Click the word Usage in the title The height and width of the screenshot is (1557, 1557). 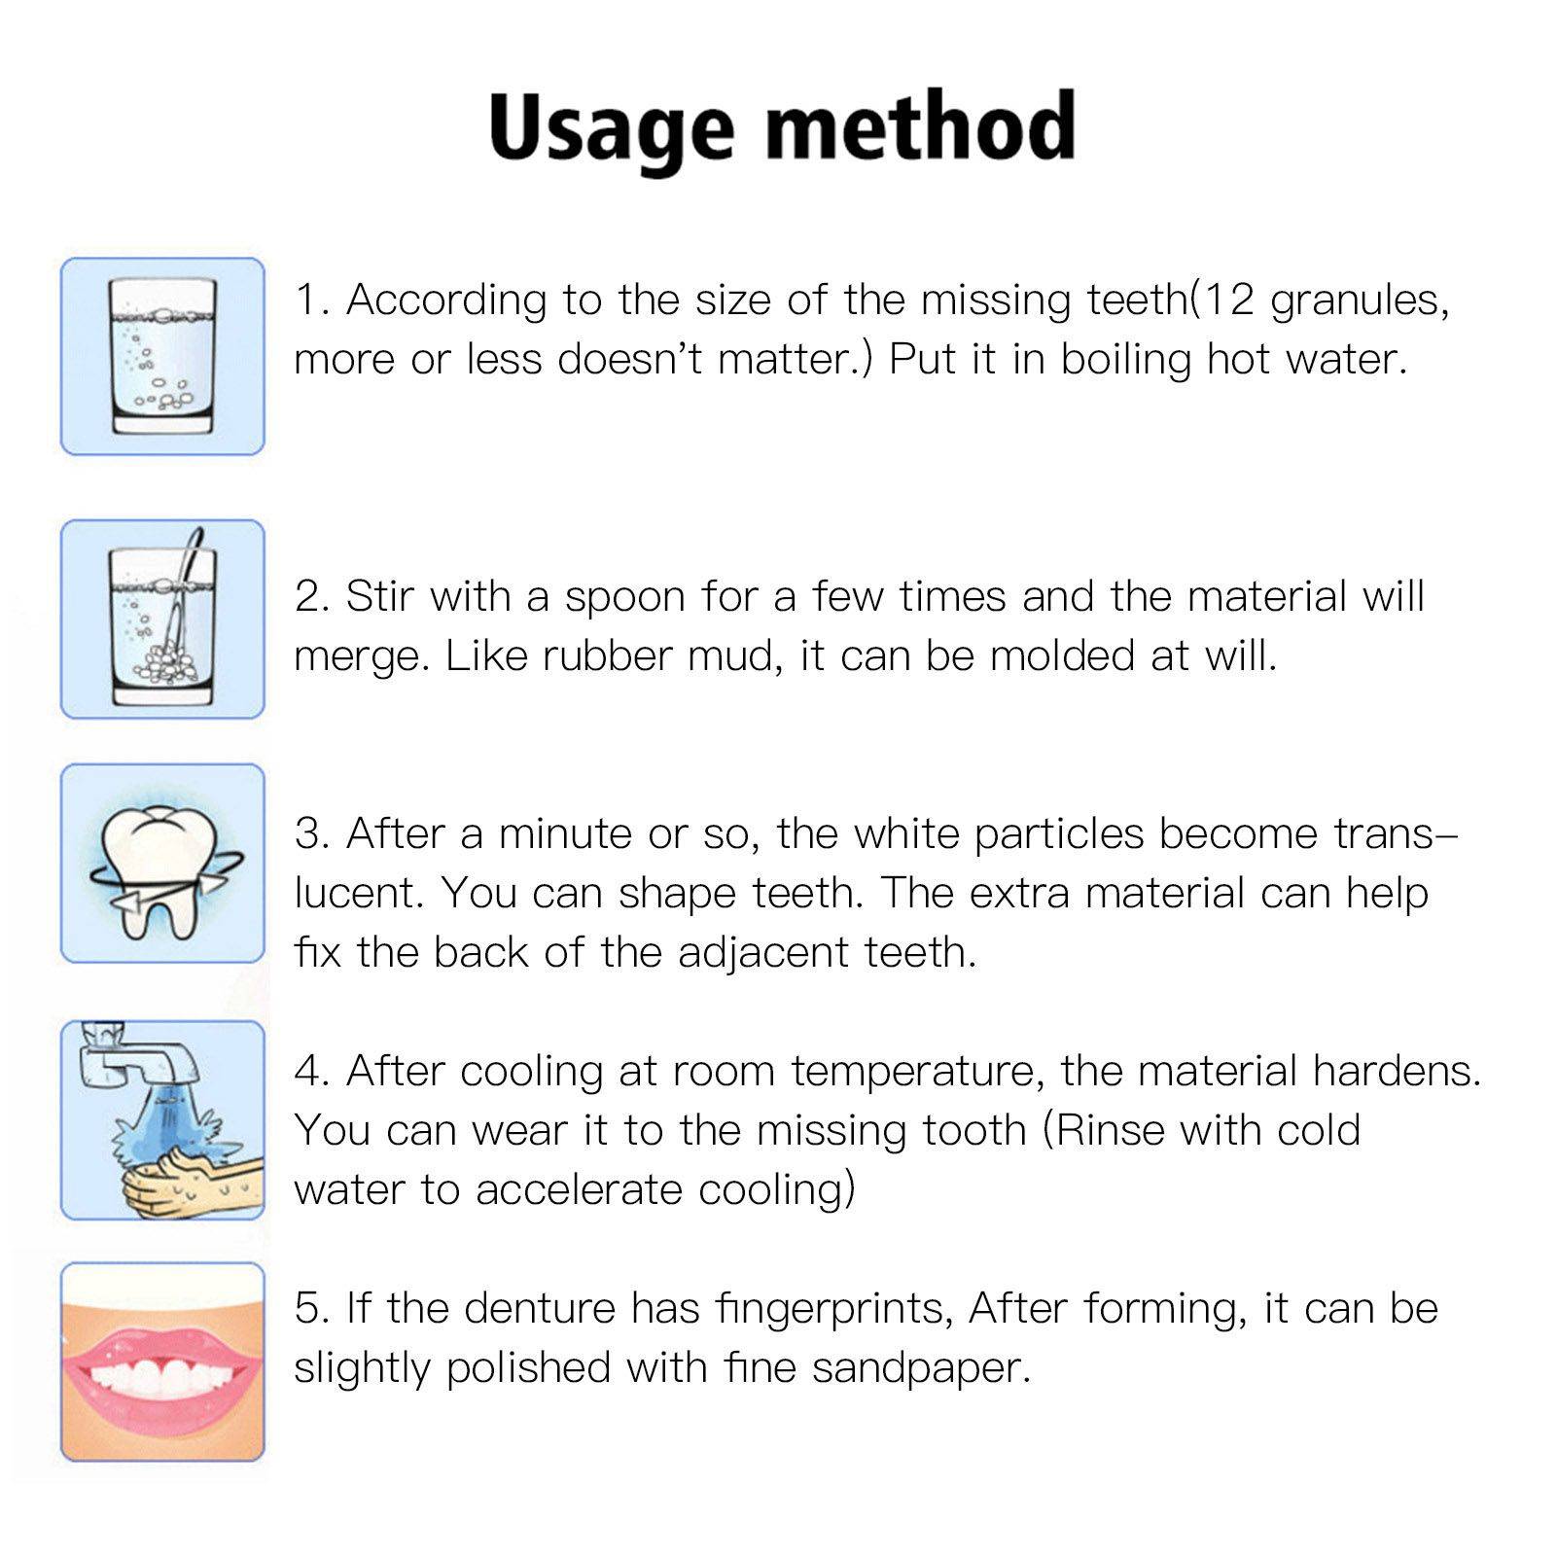pos(611,129)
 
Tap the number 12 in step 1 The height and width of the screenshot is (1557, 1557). pos(1228,300)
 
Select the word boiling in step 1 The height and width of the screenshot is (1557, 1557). pos(1125,360)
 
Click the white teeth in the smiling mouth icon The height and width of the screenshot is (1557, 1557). pos(161,1374)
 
